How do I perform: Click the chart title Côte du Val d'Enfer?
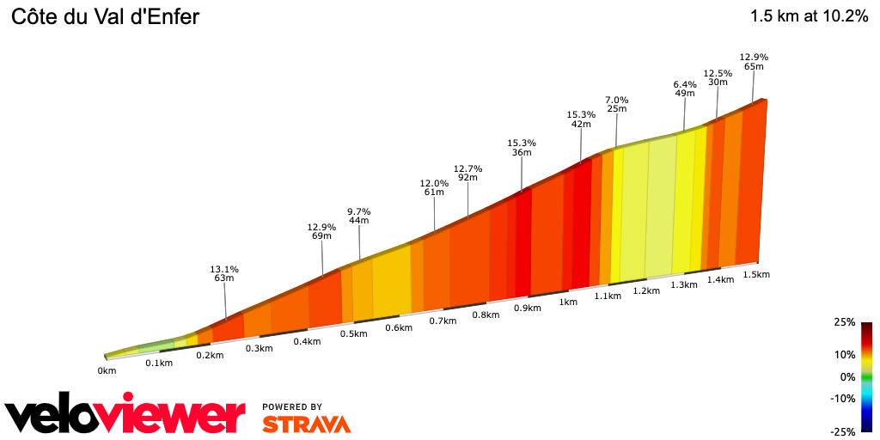105,16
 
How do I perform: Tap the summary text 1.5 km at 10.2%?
809,16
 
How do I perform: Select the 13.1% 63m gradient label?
224,273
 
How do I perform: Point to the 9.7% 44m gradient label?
358,216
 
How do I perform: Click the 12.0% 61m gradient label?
434,187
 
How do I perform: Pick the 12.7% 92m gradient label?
468,173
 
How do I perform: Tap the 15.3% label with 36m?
522,148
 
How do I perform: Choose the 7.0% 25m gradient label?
616,104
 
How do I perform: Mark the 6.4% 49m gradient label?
685,89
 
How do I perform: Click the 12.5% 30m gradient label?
718,77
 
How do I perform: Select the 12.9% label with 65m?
754,61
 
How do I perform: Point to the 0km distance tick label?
107,371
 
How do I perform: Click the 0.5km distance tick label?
353,333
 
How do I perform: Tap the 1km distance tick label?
567,302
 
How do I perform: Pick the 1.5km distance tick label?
756,274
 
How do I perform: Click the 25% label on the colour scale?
844,322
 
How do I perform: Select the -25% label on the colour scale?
842,431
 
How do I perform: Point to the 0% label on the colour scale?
847,377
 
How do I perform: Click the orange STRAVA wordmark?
306,424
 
